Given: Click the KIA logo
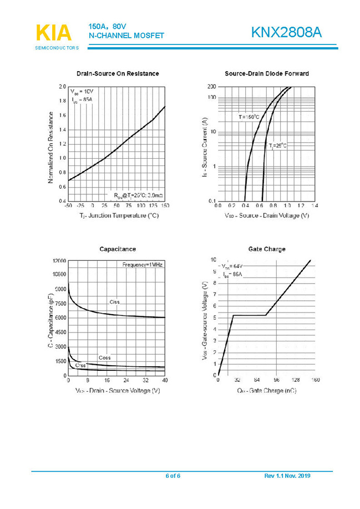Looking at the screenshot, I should coord(54,33).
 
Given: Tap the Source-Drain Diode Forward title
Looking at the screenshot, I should coord(267,74).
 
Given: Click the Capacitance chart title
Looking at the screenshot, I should coord(117,249).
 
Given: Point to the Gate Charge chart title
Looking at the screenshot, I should coord(267,249).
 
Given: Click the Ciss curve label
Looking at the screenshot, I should coord(114,302).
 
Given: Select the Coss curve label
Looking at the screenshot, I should coord(104,357).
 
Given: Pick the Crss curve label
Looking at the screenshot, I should coord(80,365).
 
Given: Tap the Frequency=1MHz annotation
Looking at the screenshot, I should coord(142,265).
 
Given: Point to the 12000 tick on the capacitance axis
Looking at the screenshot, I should coord(59,260).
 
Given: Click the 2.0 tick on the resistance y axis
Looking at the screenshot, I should coord(61,87).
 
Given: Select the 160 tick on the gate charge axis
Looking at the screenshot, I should coord(315,380).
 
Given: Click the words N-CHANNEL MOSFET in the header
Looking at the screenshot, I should coord(126,36).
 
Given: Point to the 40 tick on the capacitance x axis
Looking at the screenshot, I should coord(165,380).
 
